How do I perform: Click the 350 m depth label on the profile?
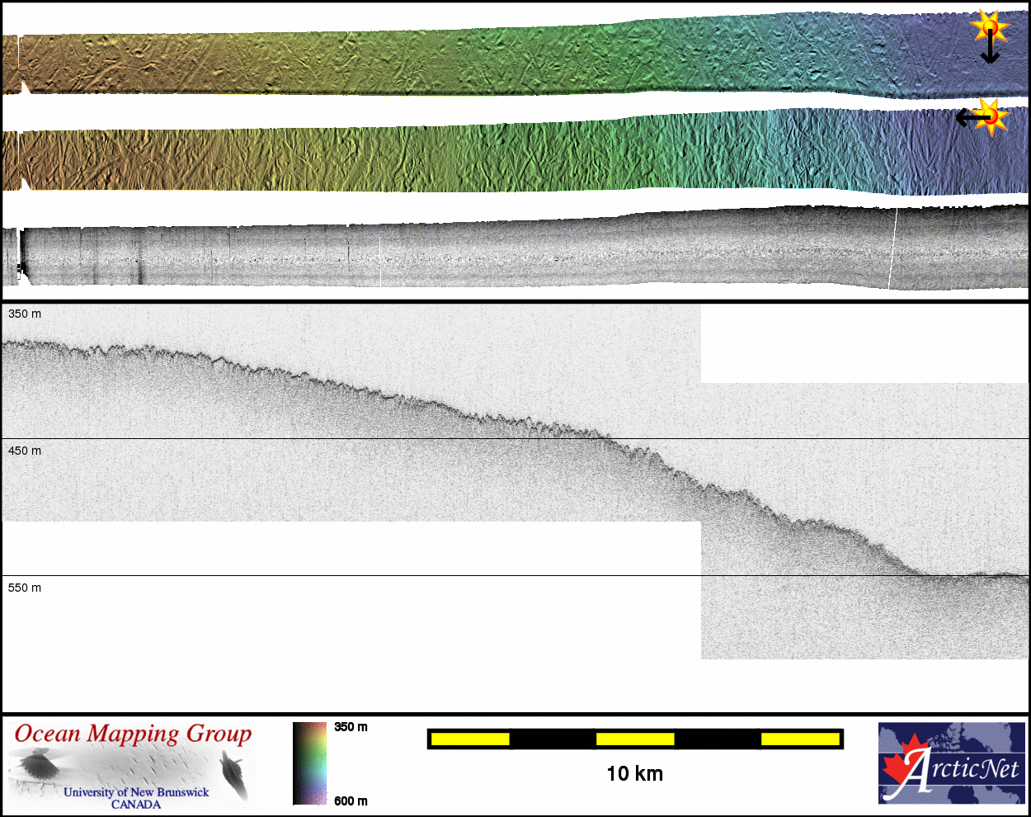25,314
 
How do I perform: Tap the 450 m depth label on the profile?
25,451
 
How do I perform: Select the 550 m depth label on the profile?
25,588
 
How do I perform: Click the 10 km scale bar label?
635,774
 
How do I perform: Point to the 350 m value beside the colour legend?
351,727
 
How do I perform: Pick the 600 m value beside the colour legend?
351,801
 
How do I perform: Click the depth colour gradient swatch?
309,763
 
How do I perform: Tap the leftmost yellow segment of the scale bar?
470,739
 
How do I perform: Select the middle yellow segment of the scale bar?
635,739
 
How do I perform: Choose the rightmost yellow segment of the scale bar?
800,739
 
